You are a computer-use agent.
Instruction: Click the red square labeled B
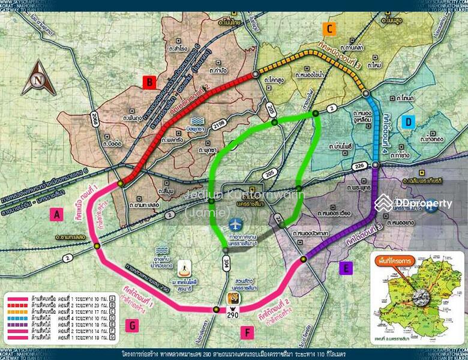[149, 81]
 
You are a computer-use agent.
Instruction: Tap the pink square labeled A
[56, 214]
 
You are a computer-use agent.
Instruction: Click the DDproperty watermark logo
[414, 204]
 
